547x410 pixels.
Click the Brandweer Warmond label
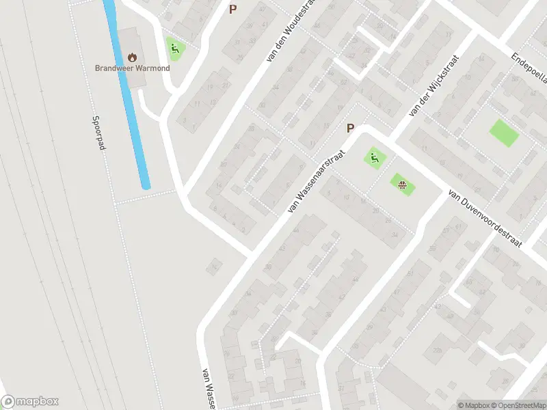(132, 68)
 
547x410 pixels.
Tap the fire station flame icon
(132, 57)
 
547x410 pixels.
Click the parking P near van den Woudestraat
(232, 10)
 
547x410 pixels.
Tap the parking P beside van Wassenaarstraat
(350, 128)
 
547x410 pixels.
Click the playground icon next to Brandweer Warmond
(174, 48)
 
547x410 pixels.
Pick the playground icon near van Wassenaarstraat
(374, 159)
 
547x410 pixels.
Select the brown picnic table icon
(402, 182)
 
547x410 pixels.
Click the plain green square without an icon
(504, 133)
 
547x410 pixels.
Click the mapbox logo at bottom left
(29, 402)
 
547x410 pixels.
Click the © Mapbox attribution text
(474, 405)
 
